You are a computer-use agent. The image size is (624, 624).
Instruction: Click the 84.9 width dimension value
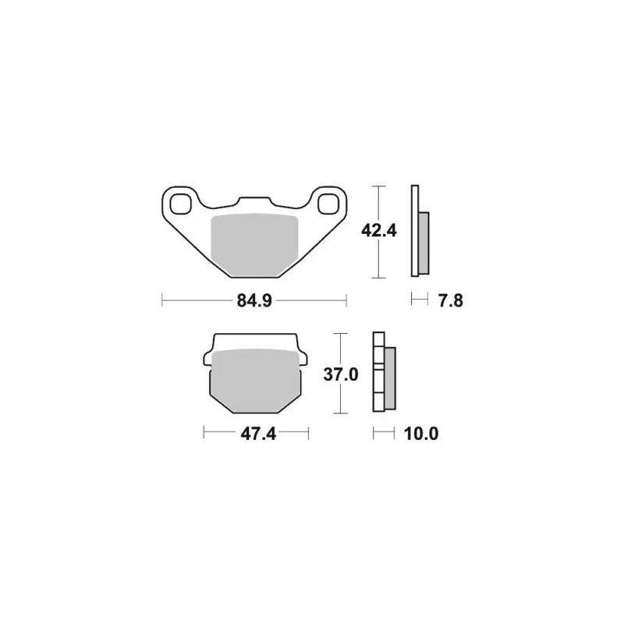254,301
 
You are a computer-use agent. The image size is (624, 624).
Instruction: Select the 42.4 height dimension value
379,230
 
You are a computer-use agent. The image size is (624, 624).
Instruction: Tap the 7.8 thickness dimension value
451,301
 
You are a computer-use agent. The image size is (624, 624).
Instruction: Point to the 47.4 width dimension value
258,434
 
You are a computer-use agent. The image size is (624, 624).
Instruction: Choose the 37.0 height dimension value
341,374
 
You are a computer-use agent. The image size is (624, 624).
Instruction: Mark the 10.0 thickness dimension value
421,434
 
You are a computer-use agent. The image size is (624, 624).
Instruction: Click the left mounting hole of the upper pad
180,204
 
